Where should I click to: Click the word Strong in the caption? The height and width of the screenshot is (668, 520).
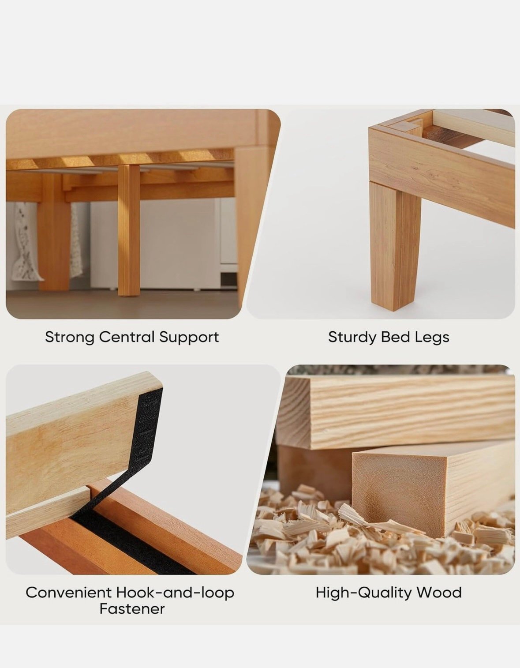click(70, 338)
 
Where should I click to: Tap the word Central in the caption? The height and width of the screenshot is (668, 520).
click(127, 337)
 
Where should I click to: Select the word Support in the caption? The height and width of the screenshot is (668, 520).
click(189, 338)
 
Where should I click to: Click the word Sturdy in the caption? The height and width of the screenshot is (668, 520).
click(352, 338)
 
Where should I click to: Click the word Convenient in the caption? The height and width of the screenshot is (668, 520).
click(68, 593)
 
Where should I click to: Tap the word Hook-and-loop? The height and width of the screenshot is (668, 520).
click(175, 593)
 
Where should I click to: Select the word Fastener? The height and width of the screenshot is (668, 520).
click(132, 609)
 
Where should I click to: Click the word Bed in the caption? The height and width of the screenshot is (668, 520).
click(396, 337)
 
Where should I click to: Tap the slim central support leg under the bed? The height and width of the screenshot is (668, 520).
click(129, 231)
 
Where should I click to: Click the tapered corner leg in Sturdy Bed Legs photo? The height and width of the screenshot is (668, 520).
click(396, 244)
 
